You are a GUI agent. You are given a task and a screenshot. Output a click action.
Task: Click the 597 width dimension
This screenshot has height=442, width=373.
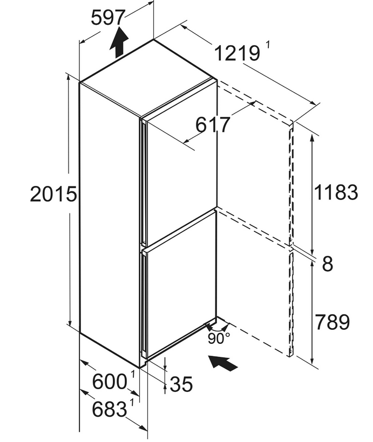coord(107,17)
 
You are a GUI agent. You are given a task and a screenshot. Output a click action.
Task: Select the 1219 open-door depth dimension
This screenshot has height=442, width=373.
coord(237,53)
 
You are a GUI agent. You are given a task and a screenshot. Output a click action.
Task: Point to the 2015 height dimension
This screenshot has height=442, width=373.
coord(53,194)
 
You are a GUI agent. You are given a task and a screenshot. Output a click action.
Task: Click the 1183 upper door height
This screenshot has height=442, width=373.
coord(336,192)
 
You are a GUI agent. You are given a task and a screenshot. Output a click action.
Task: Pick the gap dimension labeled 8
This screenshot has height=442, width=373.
coord(327,264)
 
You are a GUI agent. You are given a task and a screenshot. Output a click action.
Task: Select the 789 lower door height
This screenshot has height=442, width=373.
coord(333,322)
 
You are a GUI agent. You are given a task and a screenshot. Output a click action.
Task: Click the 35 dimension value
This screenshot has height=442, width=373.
coord(181,384)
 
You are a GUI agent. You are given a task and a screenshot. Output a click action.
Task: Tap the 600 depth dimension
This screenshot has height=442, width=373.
coord(110,382)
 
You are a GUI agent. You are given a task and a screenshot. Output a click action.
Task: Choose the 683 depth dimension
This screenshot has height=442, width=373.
coord(110,409)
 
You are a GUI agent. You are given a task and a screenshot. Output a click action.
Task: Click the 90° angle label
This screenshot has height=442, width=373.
coord(219,339)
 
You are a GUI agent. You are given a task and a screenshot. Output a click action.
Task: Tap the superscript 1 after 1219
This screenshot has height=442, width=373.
coord(268,45)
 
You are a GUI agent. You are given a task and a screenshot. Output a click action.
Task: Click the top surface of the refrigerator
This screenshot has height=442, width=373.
coord(148,78)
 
